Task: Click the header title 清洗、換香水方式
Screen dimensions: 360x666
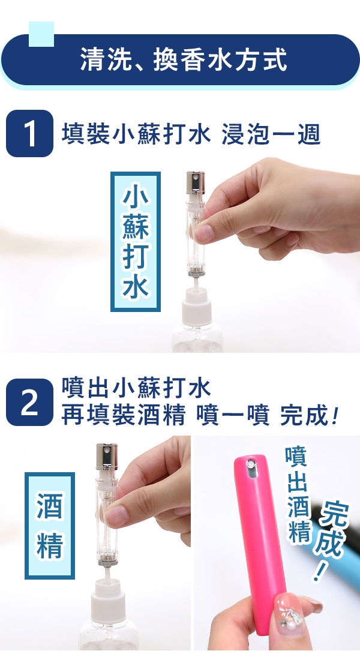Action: (184, 59)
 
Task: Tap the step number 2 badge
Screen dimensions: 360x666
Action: (29, 402)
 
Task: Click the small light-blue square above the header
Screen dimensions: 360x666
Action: (41, 34)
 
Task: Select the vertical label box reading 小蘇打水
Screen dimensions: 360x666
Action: (136, 241)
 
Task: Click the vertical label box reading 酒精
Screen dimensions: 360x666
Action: (50, 526)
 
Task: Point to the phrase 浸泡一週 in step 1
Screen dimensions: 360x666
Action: (271, 134)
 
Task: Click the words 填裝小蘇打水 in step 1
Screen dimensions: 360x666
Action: (136, 134)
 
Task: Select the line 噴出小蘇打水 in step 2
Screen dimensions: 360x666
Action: (136, 388)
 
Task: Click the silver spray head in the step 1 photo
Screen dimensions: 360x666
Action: (195, 182)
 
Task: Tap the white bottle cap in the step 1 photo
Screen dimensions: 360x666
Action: (197, 306)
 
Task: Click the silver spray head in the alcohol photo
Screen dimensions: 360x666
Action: (107, 456)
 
